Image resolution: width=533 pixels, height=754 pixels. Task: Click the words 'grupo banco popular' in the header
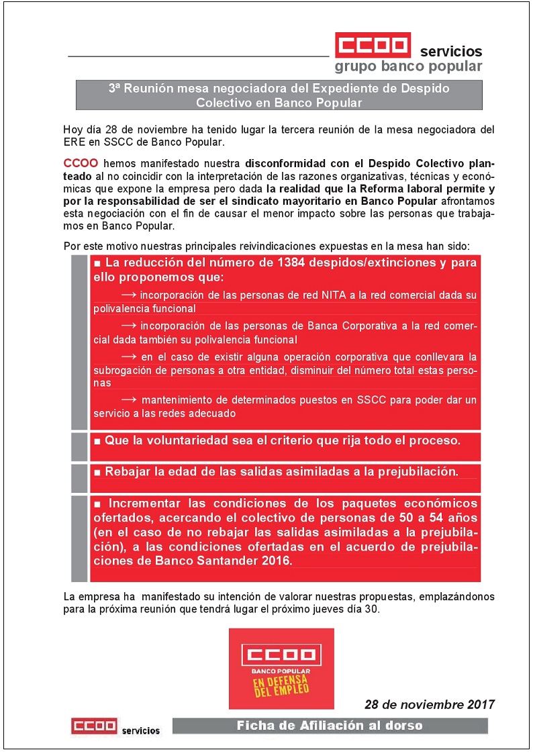(x=408, y=66)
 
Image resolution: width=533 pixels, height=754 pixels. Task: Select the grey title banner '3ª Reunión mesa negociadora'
(x=279, y=95)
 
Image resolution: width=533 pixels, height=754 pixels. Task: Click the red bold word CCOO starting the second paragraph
(x=81, y=163)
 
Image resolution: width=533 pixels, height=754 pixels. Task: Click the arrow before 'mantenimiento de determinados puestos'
(x=129, y=399)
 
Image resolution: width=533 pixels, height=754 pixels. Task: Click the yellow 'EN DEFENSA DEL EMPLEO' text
(x=281, y=686)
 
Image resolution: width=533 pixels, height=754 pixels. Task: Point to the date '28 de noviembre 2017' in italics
(x=430, y=704)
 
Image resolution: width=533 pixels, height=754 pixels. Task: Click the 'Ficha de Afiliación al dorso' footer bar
(x=330, y=725)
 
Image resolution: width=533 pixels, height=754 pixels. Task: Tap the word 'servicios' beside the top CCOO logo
(x=450, y=51)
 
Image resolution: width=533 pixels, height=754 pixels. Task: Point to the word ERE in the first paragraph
(x=72, y=142)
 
